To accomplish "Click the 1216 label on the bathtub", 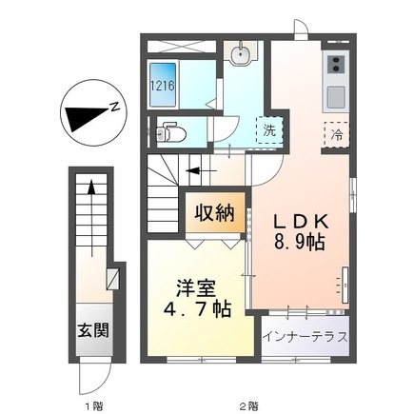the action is point(163,86).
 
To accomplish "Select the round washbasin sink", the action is point(240,55).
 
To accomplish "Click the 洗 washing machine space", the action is point(269,130).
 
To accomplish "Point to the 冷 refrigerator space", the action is point(337,135).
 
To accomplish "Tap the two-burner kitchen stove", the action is point(336,65).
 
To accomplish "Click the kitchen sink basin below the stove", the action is point(336,97).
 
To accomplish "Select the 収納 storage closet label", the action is point(215,213).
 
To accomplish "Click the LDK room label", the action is point(300,222).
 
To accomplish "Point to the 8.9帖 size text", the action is point(299,242).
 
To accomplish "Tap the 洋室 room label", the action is point(197,287).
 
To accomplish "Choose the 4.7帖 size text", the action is point(197,309).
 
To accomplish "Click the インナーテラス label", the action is point(306,336).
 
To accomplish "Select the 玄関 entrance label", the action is point(93,330).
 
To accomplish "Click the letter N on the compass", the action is point(115,107).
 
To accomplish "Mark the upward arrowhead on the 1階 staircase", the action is point(91,187).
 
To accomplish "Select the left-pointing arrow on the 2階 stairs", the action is point(202,171).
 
